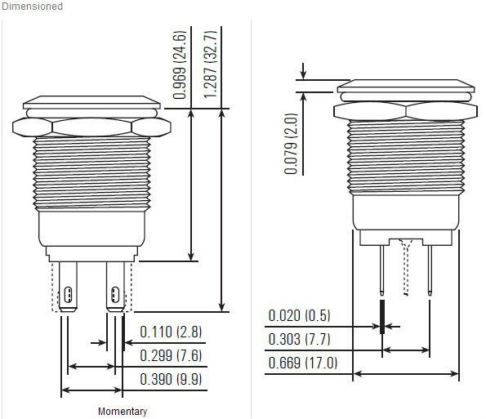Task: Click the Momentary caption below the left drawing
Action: (122, 411)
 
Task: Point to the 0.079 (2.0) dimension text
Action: (292, 144)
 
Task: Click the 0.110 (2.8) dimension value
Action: (171, 332)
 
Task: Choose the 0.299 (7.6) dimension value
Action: (171, 354)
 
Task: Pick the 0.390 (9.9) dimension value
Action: (171, 378)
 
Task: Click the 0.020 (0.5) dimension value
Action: (300, 316)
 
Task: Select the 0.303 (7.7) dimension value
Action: (300, 339)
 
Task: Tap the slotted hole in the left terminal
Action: (69, 294)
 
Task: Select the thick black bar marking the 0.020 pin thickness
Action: (383, 315)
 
